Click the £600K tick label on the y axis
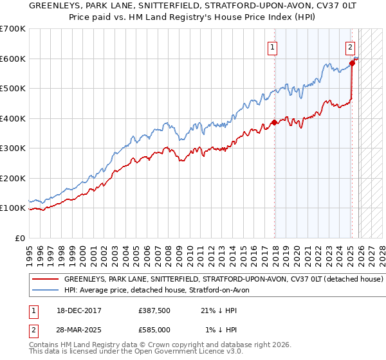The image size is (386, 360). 13,59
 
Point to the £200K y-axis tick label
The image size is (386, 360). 13,178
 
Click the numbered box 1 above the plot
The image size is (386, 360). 273,46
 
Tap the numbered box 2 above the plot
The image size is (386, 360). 350,46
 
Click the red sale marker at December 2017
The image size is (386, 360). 275,122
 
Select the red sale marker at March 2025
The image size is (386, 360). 352,63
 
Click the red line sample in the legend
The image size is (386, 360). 45,280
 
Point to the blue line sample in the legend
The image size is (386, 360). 45,291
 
